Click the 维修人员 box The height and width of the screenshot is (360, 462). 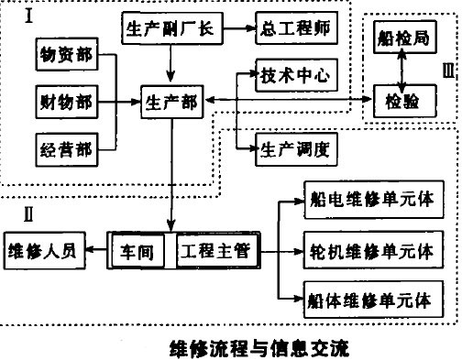45,248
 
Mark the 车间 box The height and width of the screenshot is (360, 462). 142,249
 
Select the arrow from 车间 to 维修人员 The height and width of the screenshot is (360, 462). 97,249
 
